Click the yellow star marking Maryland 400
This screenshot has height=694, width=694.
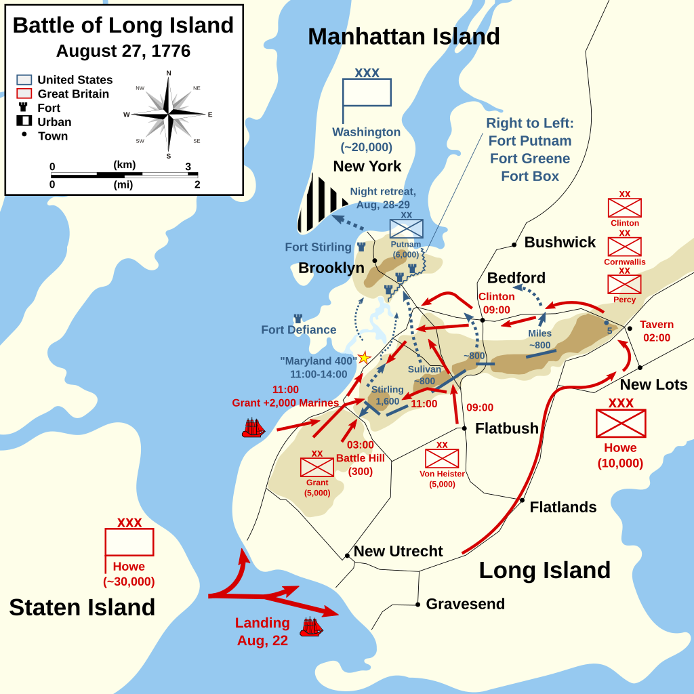(364, 357)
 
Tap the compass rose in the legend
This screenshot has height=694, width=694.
(169, 114)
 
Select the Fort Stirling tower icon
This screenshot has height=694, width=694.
(361, 247)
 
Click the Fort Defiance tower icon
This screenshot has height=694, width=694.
(298, 319)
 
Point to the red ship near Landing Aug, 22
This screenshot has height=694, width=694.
(311, 627)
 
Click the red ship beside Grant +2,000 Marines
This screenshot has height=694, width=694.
(253, 428)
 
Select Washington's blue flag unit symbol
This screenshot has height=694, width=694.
(367, 92)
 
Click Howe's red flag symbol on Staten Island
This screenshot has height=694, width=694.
(129, 542)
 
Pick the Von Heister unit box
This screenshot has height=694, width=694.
(442, 459)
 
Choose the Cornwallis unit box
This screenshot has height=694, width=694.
(624, 247)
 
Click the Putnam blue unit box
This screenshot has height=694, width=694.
(406, 229)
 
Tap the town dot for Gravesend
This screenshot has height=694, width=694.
(418, 604)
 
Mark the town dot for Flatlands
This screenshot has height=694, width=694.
(522, 500)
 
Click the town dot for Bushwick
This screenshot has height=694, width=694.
(514, 245)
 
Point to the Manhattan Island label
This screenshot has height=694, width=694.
(404, 37)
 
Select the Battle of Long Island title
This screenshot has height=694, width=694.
(123, 25)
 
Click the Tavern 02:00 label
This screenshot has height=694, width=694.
(657, 331)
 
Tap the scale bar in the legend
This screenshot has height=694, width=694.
(123, 175)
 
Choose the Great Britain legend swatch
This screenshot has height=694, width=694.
(24, 94)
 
